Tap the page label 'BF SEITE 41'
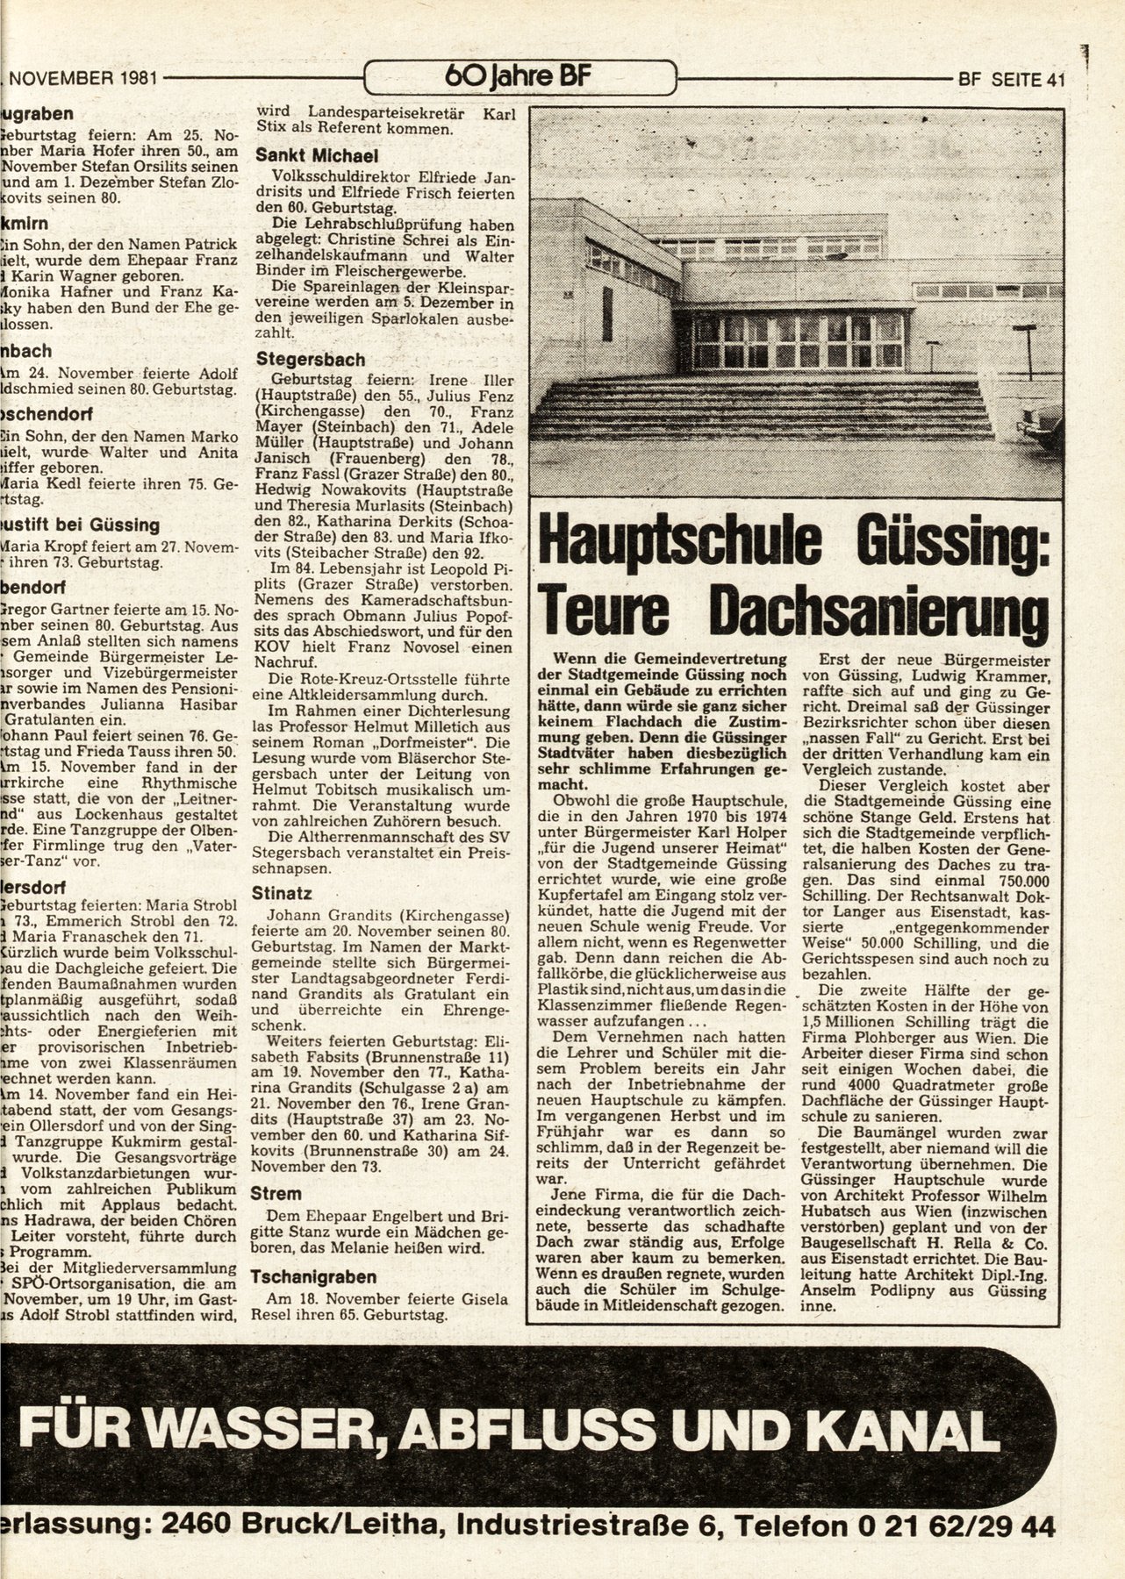[1012, 80]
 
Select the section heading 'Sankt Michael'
[317, 155]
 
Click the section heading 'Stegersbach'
[311, 360]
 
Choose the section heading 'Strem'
[276, 1194]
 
